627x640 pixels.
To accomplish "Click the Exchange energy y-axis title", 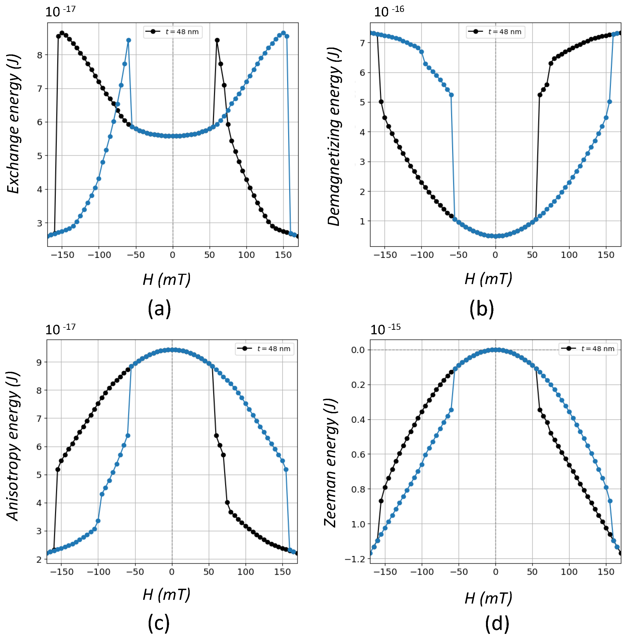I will tap(14, 124).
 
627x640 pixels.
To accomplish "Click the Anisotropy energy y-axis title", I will tap(13, 446).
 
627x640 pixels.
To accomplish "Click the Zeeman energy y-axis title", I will tap(331, 462).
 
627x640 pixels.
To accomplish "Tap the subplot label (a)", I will tap(159, 308).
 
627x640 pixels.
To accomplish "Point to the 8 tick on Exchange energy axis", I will tap(39, 55).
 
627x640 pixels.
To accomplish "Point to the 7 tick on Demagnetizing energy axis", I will tap(362, 43).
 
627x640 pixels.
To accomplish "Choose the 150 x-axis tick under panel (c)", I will tap(282, 572).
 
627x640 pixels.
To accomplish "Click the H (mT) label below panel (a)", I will tap(167, 280).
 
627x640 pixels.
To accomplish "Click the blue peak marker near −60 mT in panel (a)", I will tap(128, 40).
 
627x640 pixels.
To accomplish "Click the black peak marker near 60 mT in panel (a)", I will tap(217, 40).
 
